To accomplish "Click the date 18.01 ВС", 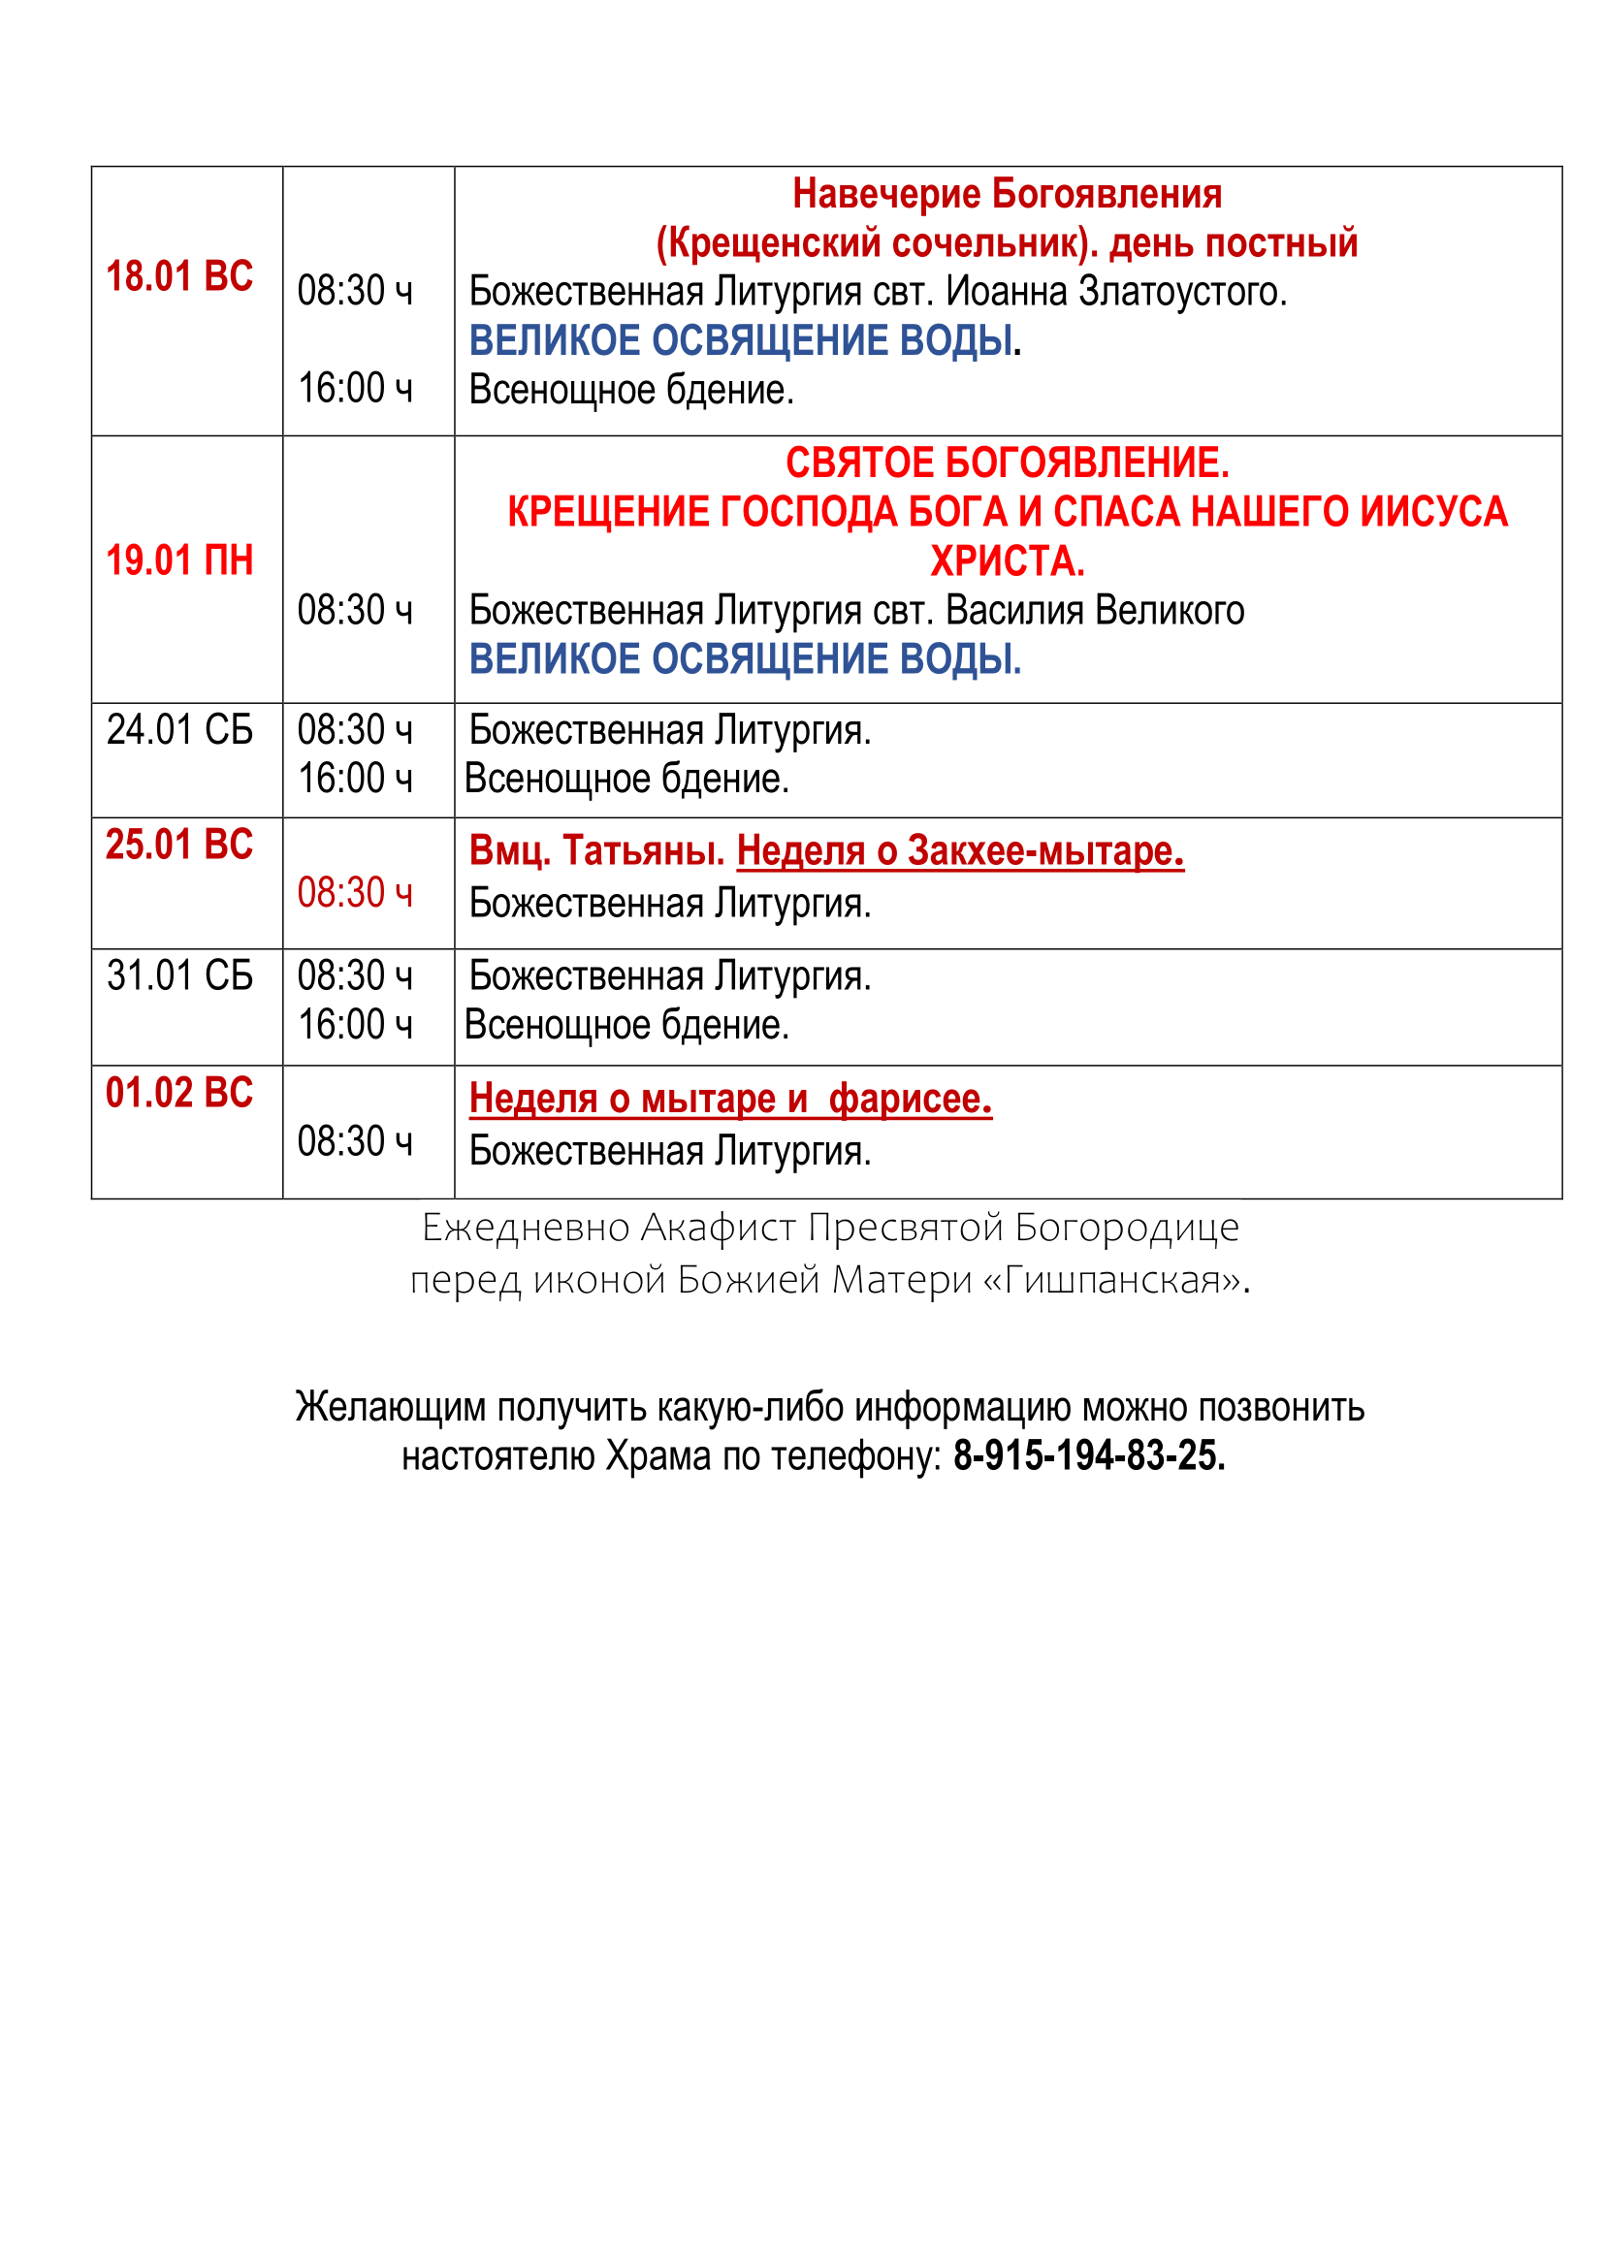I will [178, 276].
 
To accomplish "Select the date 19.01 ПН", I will [178, 560].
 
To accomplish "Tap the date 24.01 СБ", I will [178, 730].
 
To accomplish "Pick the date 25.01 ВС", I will [178, 845].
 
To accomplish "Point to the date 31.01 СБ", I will [178, 976].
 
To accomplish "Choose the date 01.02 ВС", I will [178, 1093].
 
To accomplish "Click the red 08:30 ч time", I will [355, 893].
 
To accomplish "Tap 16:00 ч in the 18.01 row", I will [355, 388].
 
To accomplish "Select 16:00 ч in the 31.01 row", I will [355, 1024].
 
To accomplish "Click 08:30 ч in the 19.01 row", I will [355, 611].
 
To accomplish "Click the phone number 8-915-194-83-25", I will [1088, 1456].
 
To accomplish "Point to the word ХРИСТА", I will [1007, 561].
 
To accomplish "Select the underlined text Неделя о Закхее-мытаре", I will [960, 850].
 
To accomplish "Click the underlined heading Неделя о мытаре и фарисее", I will [730, 1099].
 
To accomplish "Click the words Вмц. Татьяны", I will [596, 850].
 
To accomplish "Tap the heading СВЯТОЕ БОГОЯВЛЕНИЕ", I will [1007, 463].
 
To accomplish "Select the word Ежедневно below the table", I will [527, 1228].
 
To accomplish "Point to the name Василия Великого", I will [1094, 611].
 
